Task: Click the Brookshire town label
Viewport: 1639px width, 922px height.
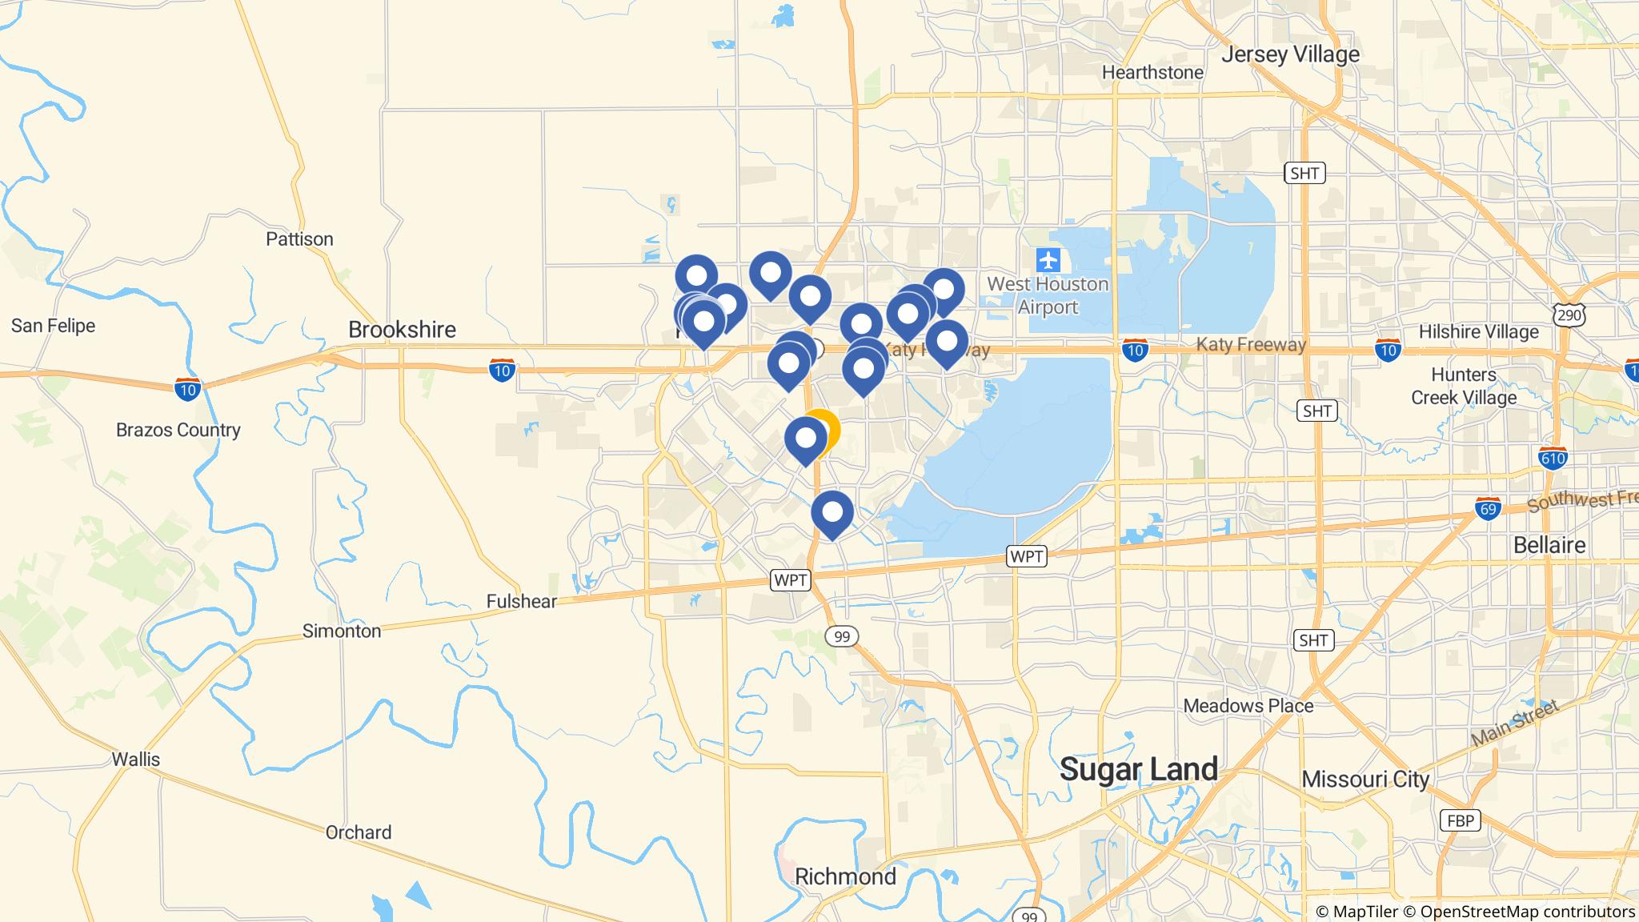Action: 402,330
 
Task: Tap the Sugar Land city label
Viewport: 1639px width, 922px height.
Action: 1138,769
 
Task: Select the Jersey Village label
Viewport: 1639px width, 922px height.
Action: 1290,54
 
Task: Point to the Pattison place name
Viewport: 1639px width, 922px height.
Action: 299,239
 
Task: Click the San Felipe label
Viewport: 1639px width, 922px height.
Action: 53,326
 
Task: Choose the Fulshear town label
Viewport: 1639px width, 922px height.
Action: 521,601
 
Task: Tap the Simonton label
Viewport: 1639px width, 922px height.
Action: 342,631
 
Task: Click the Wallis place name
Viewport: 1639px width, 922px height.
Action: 136,759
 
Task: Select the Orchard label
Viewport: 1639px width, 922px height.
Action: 358,832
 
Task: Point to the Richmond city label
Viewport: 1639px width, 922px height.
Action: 845,876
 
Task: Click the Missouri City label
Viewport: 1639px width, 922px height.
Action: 1365,779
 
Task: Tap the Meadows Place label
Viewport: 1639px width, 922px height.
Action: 1248,706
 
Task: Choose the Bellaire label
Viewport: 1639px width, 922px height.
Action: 1549,545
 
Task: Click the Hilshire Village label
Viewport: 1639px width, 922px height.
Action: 1478,331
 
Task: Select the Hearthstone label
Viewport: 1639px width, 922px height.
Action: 1152,73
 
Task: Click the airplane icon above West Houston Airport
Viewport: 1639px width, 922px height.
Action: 1048,260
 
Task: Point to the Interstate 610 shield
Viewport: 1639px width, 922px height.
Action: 1553,457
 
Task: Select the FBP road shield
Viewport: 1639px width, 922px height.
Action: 1459,820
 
